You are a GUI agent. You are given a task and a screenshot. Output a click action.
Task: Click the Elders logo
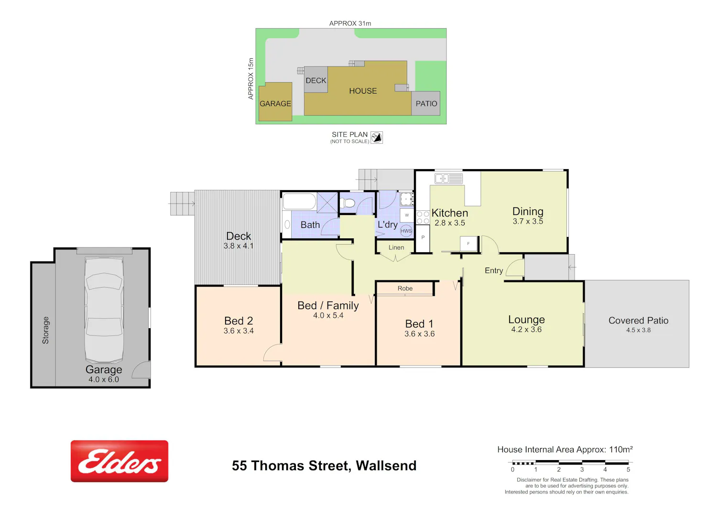119,461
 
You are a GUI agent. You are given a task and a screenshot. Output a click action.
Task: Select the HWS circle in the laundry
406,231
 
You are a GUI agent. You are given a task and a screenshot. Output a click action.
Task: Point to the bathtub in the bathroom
299,201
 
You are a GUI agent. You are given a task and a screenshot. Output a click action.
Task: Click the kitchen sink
448,178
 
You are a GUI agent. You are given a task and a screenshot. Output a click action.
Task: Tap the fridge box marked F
468,244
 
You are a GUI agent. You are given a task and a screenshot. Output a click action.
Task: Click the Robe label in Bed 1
405,289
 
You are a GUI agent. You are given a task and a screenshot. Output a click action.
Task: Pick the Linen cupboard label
396,247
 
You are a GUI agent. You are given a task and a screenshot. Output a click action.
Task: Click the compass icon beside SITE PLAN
377,138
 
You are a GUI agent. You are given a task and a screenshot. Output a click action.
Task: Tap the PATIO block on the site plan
426,103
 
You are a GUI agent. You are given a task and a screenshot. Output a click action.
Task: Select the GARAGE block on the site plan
275,102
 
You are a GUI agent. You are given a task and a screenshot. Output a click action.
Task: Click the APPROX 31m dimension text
350,23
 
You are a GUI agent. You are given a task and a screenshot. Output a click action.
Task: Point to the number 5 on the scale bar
629,470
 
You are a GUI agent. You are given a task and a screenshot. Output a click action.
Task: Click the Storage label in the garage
46,330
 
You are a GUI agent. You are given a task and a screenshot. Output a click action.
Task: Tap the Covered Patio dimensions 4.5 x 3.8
638,330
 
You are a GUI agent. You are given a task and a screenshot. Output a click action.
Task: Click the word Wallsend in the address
386,466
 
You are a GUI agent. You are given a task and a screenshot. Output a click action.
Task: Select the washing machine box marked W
407,215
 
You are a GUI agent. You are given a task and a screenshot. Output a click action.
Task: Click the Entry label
494,271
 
